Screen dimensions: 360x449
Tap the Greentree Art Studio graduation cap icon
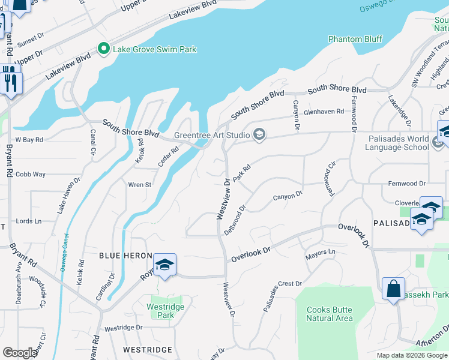pyautogui.click(x=259, y=134)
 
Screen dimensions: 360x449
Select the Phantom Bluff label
pyautogui.click(x=355, y=39)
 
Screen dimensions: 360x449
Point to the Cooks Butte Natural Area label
pyautogui.click(x=329, y=314)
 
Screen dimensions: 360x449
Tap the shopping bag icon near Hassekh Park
pyautogui.click(x=393, y=289)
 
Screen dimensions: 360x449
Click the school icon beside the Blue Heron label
pyautogui.click(x=164, y=265)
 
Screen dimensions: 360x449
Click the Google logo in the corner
pyautogui.click(x=20, y=352)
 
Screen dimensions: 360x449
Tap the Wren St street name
pyautogui.click(x=139, y=185)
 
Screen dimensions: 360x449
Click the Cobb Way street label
pyautogui.click(x=31, y=174)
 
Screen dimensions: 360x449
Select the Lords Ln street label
pyautogui.click(x=28, y=221)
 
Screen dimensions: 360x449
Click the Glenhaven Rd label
pyautogui.click(x=324, y=111)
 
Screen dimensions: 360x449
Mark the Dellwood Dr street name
pyautogui.click(x=234, y=220)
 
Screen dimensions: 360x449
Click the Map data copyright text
pyautogui.click(x=412, y=355)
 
